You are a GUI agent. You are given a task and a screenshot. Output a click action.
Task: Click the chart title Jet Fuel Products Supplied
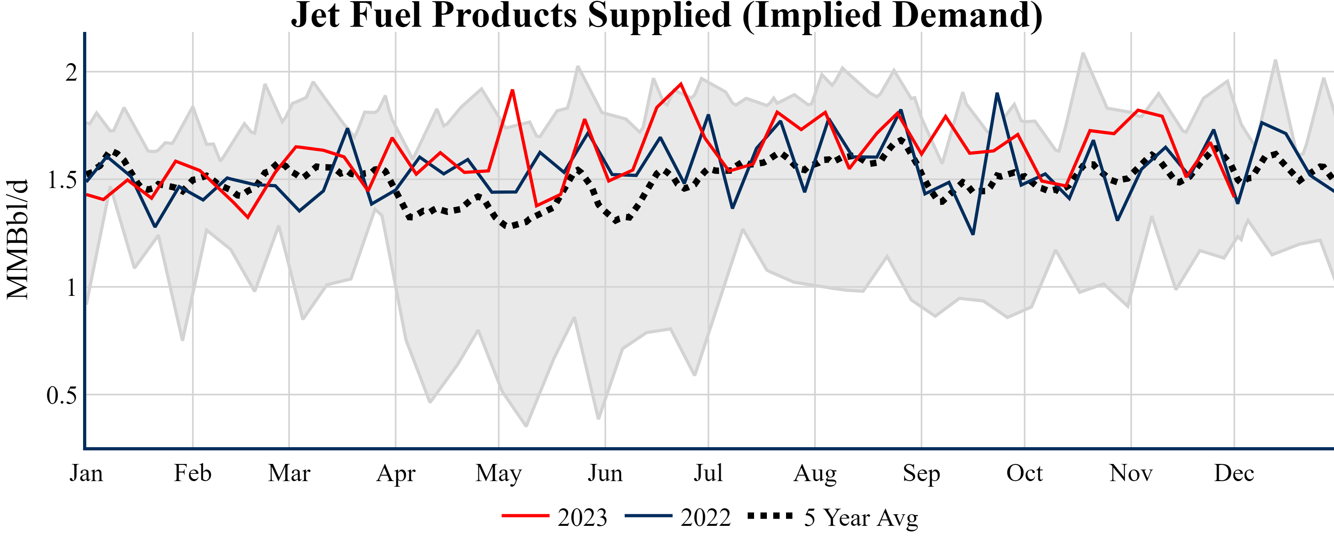pos(667,16)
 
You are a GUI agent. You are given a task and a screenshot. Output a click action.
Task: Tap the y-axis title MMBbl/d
pos(18,239)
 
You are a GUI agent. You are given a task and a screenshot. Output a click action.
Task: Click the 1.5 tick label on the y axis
pos(62,180)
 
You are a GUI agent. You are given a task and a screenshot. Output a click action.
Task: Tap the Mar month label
pos(289,473)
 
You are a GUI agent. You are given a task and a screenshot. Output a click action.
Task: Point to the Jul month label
pos(708,473)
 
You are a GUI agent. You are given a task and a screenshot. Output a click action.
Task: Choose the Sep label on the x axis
pos(921,473)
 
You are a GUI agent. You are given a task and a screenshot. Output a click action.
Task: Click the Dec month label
pos(1234,473)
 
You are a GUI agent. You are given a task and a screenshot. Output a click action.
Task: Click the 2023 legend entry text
pos(582,517)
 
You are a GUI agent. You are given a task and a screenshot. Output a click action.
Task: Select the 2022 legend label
pos(705,517)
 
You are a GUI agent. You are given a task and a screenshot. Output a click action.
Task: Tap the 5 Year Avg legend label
pos(861,517)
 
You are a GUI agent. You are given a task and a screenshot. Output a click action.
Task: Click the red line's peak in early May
pos(512,91)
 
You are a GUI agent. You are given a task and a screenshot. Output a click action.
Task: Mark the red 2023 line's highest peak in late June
pos(681,84)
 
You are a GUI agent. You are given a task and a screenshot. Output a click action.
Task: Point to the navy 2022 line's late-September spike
pos(997,94)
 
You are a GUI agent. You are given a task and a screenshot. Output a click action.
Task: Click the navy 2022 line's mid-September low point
pos(973,234)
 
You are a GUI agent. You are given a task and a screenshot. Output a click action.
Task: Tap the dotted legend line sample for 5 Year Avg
pos(770,515)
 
